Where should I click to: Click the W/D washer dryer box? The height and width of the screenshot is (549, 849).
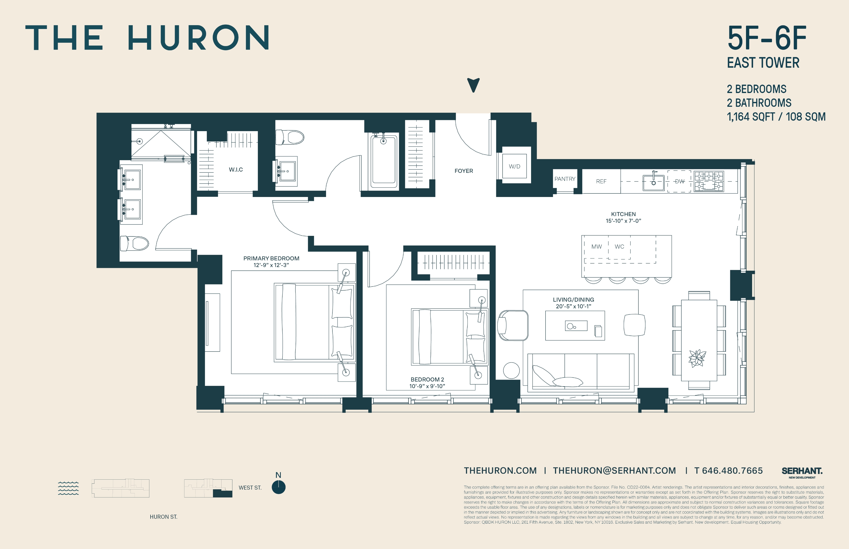pyautogui.click(x=514, y=166)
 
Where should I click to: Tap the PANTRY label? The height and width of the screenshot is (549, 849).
pyautogui.click(x=565, y=179)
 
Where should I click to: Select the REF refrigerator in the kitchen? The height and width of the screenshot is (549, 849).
pyautogui.click(x=601, y=181)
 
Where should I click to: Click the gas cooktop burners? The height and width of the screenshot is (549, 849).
pyautogui.click(x=709, y=181)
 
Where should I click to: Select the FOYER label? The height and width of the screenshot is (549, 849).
pyautogui.click(x=463, y=171)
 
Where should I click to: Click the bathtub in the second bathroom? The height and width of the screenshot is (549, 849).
pyautogui.click(x=384, y=160)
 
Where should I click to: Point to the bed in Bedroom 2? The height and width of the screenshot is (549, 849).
pyautogui.click(x=448, y=337)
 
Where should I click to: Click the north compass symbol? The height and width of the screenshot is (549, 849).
pyautogui.click(x=278, y=487)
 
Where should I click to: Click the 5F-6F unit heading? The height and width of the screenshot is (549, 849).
pyautogui.click(x=766, y=38)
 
